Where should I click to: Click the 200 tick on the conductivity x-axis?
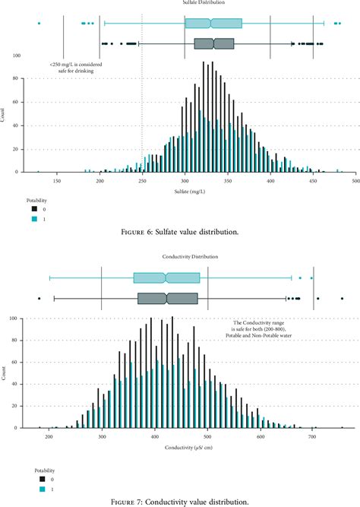[48, 437]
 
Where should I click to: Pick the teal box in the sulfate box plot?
[213, 24]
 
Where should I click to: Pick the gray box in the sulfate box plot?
[214, 43]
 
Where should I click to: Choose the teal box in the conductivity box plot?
[166, 277]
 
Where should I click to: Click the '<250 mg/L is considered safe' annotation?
[76, 68]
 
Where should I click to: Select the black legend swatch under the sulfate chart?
[33, 208]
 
